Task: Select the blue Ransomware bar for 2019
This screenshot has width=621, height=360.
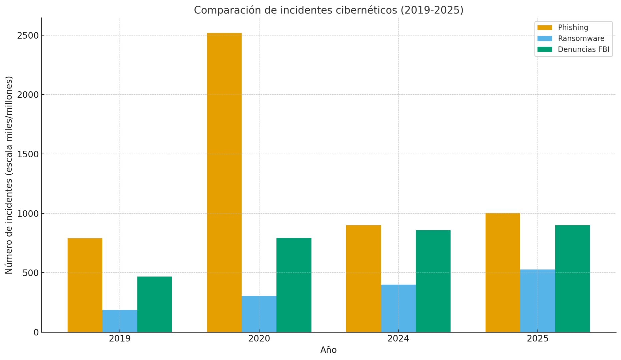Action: [x=120, y=321]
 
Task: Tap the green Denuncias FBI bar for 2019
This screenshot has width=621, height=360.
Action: [x=154, y=304]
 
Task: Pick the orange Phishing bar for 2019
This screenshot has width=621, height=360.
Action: [x=85, y=285]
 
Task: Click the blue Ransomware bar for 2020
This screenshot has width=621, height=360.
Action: [x=259, y=314]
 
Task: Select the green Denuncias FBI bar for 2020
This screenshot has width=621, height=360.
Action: [x=294, y=285]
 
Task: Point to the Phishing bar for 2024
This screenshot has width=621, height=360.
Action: [x=364, y=278]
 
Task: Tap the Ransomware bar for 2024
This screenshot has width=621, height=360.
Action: [x=398, y=308]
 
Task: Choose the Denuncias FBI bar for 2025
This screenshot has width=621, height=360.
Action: [x=572, y=278]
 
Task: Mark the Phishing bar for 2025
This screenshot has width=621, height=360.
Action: [x=503, y=272]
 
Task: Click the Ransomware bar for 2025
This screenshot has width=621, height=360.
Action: [x=538, y=301]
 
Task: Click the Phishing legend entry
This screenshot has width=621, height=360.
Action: [x=573, y=28]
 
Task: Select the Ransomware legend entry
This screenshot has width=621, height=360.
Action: [x=581, y=39]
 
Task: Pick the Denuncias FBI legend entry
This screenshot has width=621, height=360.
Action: [x=583, y=50]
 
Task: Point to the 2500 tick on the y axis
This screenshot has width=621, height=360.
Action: [x=28, y=35]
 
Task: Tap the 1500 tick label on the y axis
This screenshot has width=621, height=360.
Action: [x=28, y=154]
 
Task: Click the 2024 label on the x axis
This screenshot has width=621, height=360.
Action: [x=398, y=339]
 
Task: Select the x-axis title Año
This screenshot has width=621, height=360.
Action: [x=329, y=350]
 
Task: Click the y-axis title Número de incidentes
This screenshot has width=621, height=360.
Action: [x=9, y=175]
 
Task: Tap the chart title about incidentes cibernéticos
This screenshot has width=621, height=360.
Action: [x=329, y=10]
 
